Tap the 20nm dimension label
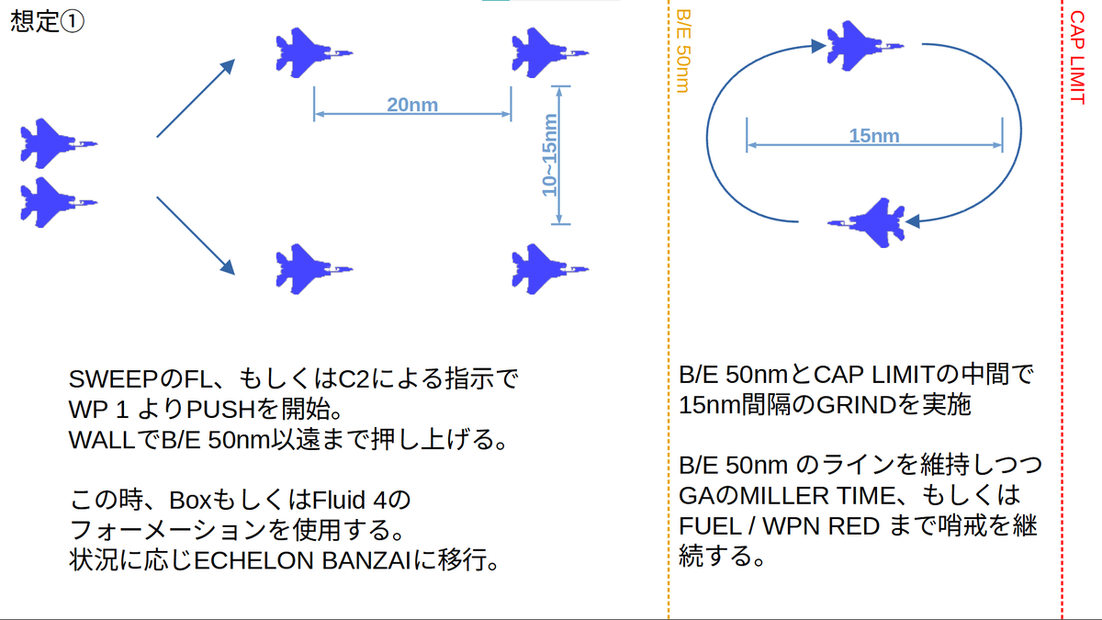click(411, 105)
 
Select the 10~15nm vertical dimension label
click(549, 155)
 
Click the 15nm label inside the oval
click(873, 136)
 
